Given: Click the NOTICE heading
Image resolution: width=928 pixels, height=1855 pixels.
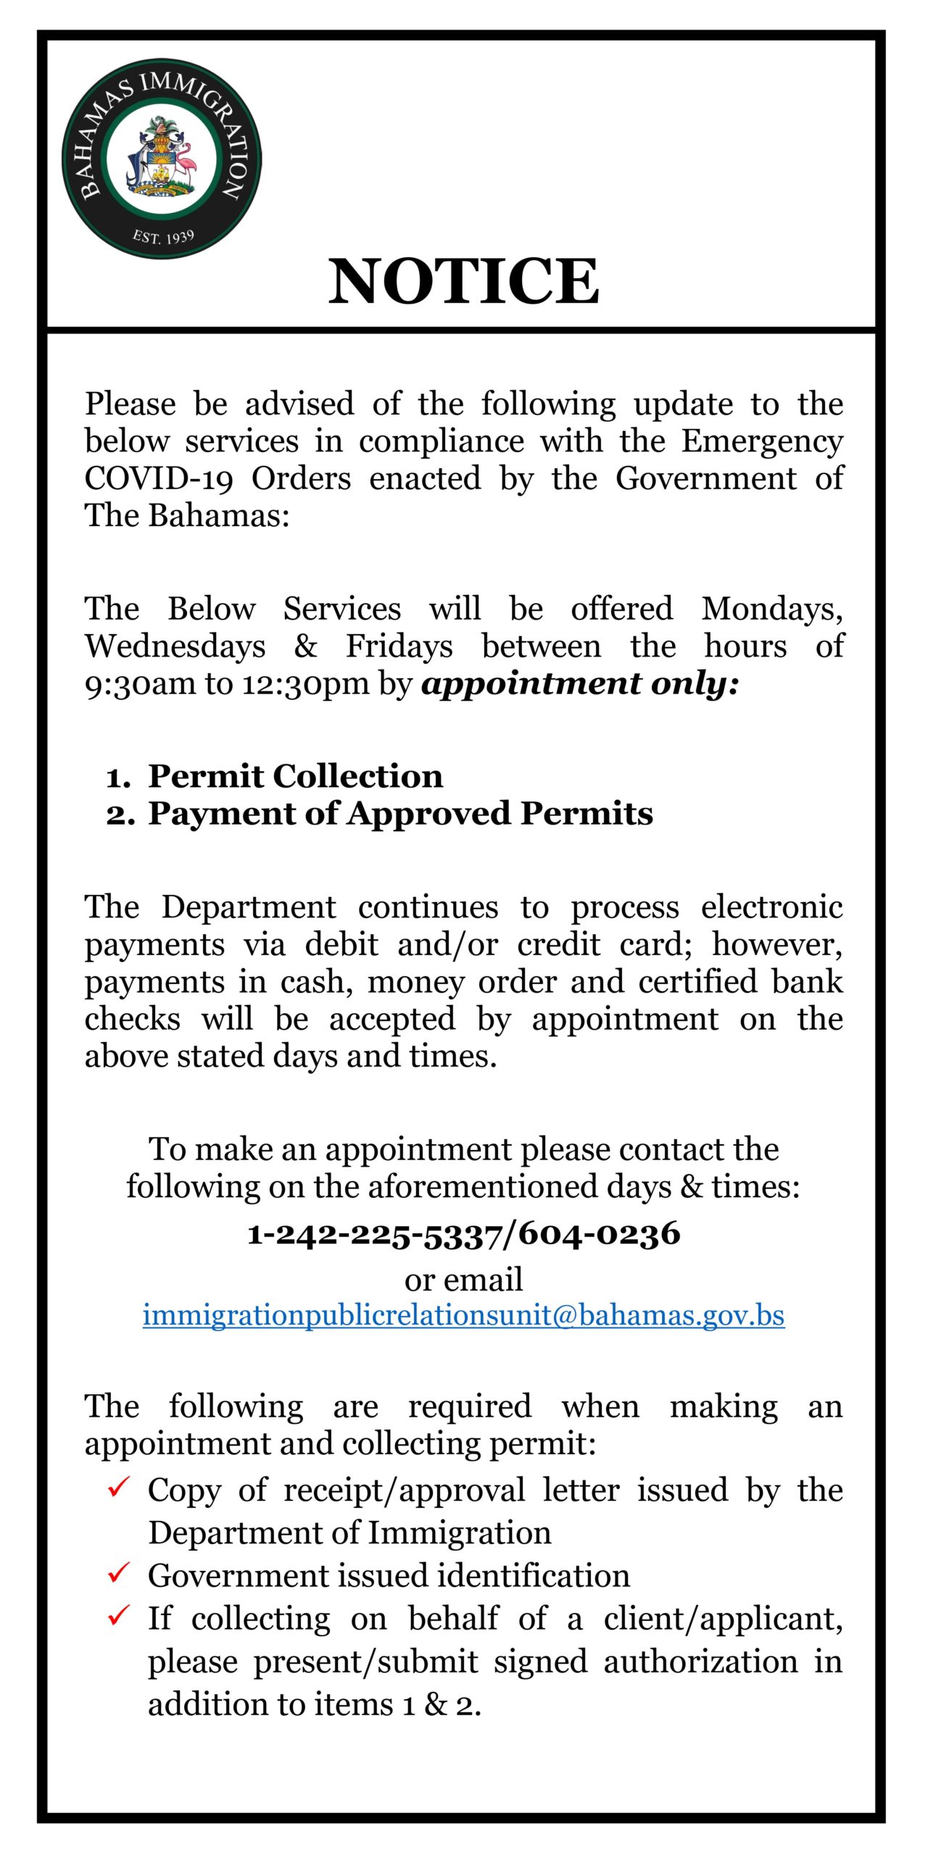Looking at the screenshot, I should point(464,281).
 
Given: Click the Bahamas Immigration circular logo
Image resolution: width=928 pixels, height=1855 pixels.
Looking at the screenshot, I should point(162,159).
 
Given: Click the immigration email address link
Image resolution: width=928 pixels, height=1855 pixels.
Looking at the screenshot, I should point(463,1315).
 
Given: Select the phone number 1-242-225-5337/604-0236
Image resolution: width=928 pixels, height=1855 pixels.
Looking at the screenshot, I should point(464,1233).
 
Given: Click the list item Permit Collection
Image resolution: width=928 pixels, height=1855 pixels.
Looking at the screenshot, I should point(295,776).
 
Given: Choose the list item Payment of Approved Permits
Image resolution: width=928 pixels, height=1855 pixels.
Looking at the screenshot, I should point(400,814).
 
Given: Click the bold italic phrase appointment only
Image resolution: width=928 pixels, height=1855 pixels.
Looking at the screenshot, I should point(579,683).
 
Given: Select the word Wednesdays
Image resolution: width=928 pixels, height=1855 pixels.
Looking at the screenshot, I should point(175,646).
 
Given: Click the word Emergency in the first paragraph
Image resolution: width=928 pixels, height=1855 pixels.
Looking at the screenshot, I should point(762,441).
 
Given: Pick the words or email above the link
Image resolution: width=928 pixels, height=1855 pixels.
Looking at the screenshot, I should point(463,1280).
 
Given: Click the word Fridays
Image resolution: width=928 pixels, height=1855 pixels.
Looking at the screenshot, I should point(399,646).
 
